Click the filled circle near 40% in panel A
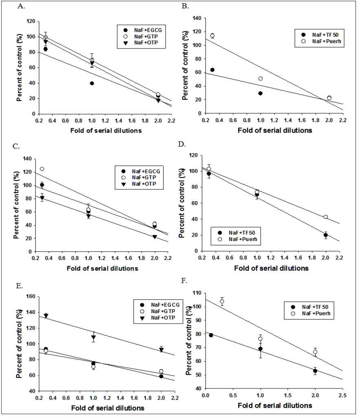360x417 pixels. click(x=92, y=83)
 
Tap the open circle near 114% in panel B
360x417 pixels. click(x=212, y=36)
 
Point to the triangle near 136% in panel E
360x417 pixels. click(x=46, y=316)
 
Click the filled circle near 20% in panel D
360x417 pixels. click(x=326, y=235)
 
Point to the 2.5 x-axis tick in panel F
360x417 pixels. click(x=342, y=395)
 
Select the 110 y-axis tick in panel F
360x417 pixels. click(x=197, y=293)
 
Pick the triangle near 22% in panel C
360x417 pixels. click(x=155, y=237)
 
